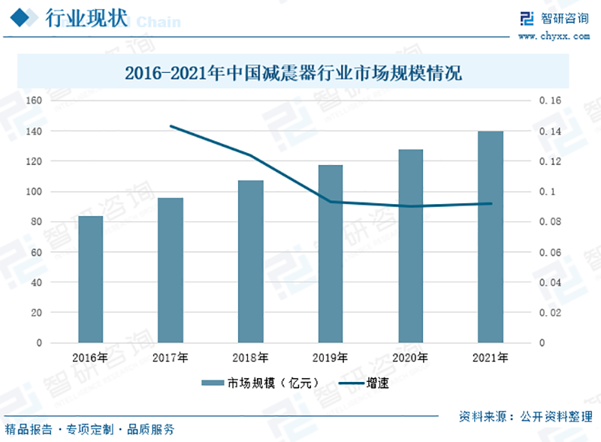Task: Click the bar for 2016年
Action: coord(90,279)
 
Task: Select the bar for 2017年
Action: coord(171,270)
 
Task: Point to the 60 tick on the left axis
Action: coord(36,253)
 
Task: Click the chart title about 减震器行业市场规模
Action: coord(292,74)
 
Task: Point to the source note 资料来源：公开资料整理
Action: coord(525,416)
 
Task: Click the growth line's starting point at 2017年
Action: coord(171,126)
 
